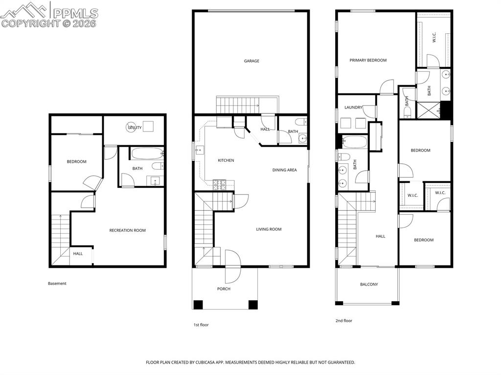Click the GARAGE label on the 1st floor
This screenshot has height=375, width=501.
coord(251,61)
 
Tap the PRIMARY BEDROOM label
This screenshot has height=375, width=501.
coord(368,60)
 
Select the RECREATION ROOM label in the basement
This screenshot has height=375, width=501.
coord(127,230)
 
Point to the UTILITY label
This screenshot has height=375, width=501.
coord(135,128)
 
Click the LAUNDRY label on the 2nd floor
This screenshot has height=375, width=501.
coord(353,108)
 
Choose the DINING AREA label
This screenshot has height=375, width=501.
coord(284,170)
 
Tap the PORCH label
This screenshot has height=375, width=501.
coord(224,289)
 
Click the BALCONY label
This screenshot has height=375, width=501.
coord(369,284)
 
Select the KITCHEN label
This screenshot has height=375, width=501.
coord(226,160)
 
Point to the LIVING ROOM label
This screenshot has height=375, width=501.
coord(269,229)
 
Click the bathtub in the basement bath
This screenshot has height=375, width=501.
coord(147,154)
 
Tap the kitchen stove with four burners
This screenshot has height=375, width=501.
coord(219,183)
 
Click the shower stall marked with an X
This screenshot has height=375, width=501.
coord(429,110)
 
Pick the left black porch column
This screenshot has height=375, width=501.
coord(198,305)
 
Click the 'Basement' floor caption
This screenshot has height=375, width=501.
coord(57,283)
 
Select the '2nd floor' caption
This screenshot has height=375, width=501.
coord(344,321)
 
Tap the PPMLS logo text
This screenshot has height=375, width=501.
coord(75,13)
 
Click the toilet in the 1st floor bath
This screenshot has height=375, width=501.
coord(301,122)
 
